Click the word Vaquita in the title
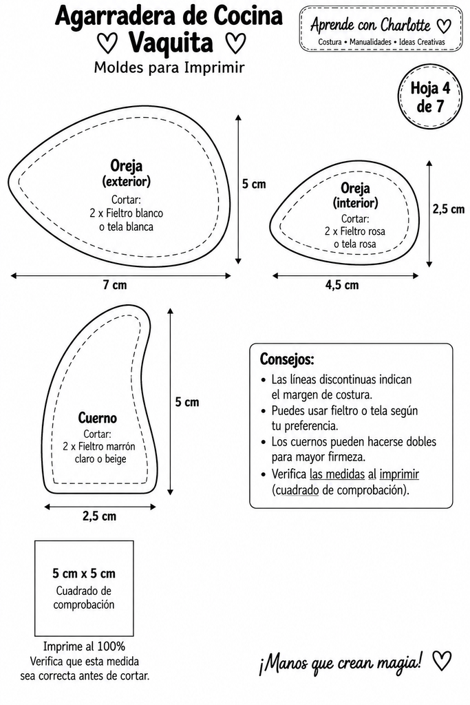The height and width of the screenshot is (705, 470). (x=171, y=43)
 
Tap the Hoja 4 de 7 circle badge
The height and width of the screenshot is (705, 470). (x=430, y=96)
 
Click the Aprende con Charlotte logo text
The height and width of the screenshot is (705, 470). (x=370, y=25)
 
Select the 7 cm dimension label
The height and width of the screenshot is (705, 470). (x=115, y=284)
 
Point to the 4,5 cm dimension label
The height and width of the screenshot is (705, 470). (x=342, y=284)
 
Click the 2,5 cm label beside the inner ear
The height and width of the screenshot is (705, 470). (x=449, y=209)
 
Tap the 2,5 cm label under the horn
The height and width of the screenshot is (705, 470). (x=99, y=516)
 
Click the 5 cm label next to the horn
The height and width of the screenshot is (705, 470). (x=187, y=402)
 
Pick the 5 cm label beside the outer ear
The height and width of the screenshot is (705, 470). (x=254, y=183)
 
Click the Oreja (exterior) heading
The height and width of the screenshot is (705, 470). (x=126, y=173)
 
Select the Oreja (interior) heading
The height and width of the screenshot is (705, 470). (x=355, y=195)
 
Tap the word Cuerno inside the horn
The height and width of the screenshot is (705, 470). (x=98, y=418)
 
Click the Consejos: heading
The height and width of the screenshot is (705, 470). (x=287, y=359)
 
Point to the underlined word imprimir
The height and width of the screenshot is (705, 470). (x=399, y=474)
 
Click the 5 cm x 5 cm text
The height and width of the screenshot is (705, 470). (x=84, y=574)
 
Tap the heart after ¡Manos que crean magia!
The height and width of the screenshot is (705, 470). (x=442, y=660)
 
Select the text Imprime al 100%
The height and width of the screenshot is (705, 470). (x=84, y=646)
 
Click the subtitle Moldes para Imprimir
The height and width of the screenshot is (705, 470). (x=169, y=67)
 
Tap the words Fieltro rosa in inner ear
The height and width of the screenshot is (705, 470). (x=363, y=231)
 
